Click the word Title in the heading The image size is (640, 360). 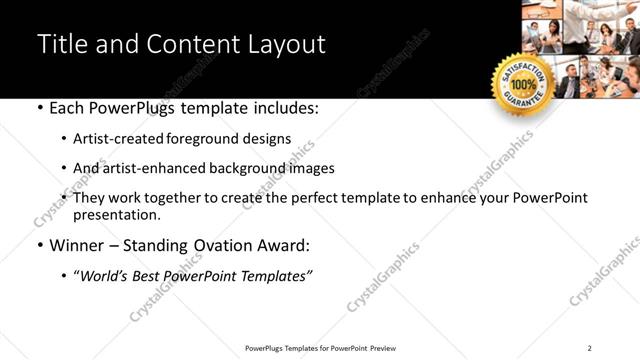[63, 45]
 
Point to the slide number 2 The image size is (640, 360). [590, 348]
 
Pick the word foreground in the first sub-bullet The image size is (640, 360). [205, 139]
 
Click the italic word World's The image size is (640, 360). [104, 275]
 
